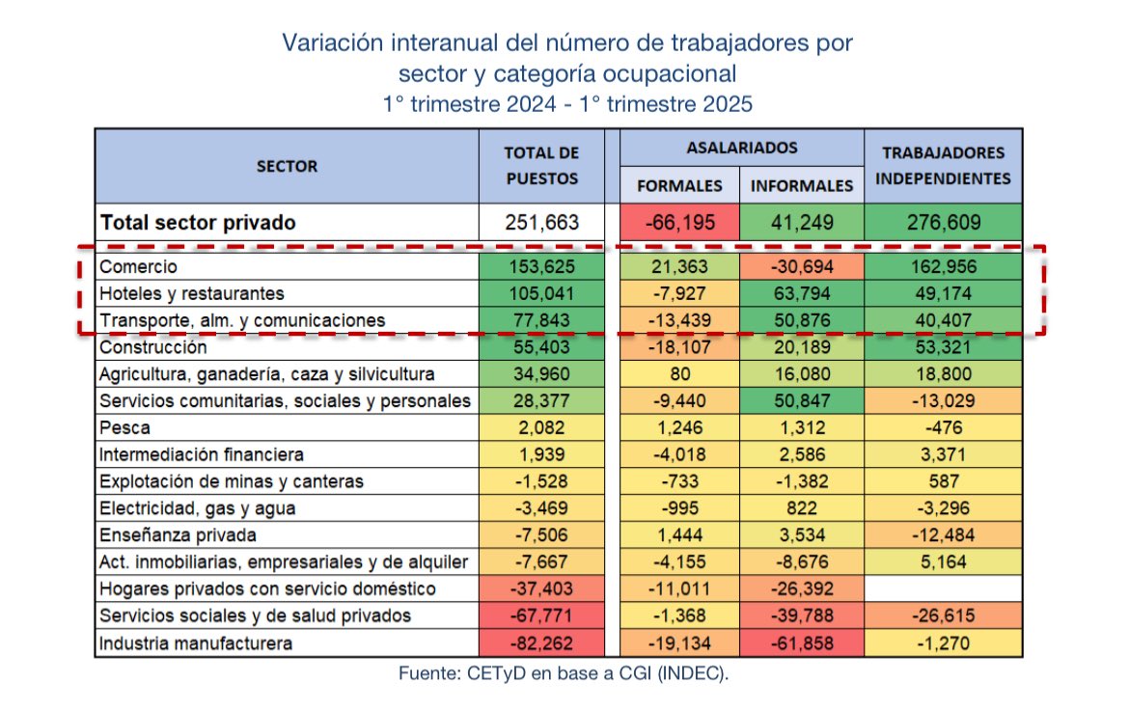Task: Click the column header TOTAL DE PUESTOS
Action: [541, 165]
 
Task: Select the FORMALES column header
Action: [679, 185]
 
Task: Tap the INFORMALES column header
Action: [801, 185]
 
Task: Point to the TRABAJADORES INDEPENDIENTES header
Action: [943, 165]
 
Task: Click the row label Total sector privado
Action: [200, 223]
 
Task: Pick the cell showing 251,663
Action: [541, 223]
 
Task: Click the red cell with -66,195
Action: [679, 223]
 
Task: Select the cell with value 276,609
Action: [943, 223]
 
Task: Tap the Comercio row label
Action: [140, 266]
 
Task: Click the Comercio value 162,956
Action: [943, 266]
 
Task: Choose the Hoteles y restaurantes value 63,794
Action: [801, 293]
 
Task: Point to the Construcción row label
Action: [153, 346]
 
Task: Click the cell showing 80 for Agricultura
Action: [679, 373]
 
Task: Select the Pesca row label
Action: [125, 427]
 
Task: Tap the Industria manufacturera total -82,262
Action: [541, 642]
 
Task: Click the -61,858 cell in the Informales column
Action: [801, 642]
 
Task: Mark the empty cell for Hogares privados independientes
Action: [943, 588]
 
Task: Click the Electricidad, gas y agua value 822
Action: [801, 507]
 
